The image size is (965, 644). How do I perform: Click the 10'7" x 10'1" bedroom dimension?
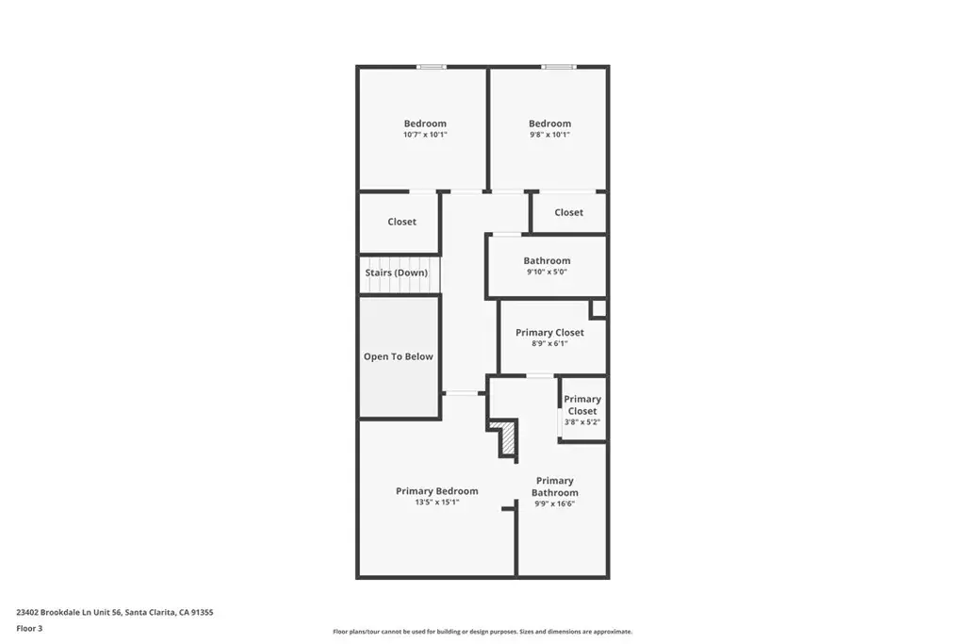click(x=425, y=135)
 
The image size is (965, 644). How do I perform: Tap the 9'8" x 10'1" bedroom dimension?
click(x=549, y=135)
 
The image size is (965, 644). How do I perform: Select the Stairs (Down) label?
click(x=397, y=272)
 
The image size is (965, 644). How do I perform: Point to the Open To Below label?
click(x=399, y=356)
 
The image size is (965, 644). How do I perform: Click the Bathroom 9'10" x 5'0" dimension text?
click(x=548, y=272)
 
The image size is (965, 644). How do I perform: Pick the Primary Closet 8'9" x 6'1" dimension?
click(x=549, y=343)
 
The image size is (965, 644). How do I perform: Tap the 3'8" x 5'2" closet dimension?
click(x=582, y=422)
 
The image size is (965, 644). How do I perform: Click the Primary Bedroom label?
click(x=437, y=490)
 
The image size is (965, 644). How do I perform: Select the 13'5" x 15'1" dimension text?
click(x=437, y=503)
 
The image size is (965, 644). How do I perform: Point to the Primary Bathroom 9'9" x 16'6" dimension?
click(x=554, y=504)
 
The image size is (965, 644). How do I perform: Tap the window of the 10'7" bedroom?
click(x=431, y=67)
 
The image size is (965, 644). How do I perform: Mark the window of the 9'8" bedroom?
click(x=559, y=67)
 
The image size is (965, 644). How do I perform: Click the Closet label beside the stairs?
click(x=401, y=222)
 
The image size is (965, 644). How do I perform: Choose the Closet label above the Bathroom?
click(x=568, y=212)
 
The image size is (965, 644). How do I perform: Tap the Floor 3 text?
click(x=29, y=629)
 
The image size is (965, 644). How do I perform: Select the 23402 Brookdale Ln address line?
click(x=115, y=612)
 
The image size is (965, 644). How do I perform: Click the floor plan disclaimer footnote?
click(x=482, y=632)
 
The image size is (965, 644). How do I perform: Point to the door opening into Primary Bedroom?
click(x=462, y=393)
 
